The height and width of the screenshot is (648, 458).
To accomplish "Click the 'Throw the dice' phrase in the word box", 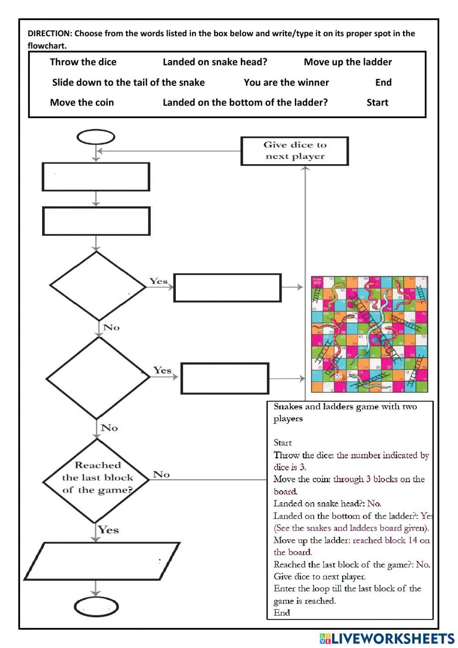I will click(x=83, y=62).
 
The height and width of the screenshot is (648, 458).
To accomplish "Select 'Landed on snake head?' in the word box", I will click(x=215, y=62).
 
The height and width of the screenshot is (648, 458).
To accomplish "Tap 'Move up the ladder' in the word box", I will click(x=348, y=62).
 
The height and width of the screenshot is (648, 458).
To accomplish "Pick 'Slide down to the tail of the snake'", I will click(x=128, y=83).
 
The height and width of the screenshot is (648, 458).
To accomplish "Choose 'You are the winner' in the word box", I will click(x=286, y=83).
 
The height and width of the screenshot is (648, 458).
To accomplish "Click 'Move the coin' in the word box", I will click(x=82, y=103).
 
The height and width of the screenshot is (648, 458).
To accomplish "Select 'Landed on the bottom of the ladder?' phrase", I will click(x=245, y=103).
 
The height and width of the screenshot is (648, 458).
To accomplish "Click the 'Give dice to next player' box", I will click(x=294, y=151).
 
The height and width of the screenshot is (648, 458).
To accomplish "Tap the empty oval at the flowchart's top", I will click(x=96, y=137).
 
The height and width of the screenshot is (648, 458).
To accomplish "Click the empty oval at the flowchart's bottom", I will click(x=96, y=608).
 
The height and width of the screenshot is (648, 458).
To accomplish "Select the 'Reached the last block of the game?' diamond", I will click(x=97, y=478).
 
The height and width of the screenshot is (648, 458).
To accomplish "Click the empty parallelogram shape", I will click(x=102, y=561).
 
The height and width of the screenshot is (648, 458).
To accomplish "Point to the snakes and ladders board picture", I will click(x=369, y=334).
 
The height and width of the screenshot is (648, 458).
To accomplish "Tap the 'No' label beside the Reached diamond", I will click(x=161, y=474).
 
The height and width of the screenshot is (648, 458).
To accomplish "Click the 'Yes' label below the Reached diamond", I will click(x=108, y=530).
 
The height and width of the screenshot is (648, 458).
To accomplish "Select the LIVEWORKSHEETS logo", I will click(x=387, y=638).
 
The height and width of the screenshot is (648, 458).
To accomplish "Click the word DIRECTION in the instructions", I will click(x=49, y=33).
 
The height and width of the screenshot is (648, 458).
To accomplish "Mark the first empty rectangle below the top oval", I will click(x=96, y=177).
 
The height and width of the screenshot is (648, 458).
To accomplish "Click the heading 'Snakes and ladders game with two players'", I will click(x=345, y=412).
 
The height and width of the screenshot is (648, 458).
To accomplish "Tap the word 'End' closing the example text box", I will click(x=282, y=613).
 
